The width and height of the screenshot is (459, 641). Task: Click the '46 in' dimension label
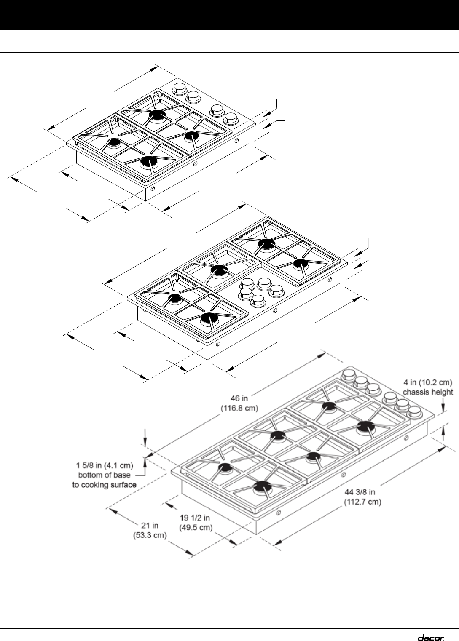click(239, 398)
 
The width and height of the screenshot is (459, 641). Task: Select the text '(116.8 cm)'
click(239, 408)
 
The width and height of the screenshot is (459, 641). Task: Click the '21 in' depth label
click(150, 525)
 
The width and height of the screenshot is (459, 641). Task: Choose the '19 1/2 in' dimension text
click(195, 518)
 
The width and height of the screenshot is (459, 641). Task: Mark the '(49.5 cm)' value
click(196, 527)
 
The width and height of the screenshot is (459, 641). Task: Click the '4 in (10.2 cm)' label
click(428, 382)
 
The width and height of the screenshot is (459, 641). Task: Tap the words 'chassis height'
click(428, 392)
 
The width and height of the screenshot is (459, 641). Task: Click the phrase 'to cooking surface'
click(104, 485)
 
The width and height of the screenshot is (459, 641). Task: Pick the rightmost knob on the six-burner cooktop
click(414, 411)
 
